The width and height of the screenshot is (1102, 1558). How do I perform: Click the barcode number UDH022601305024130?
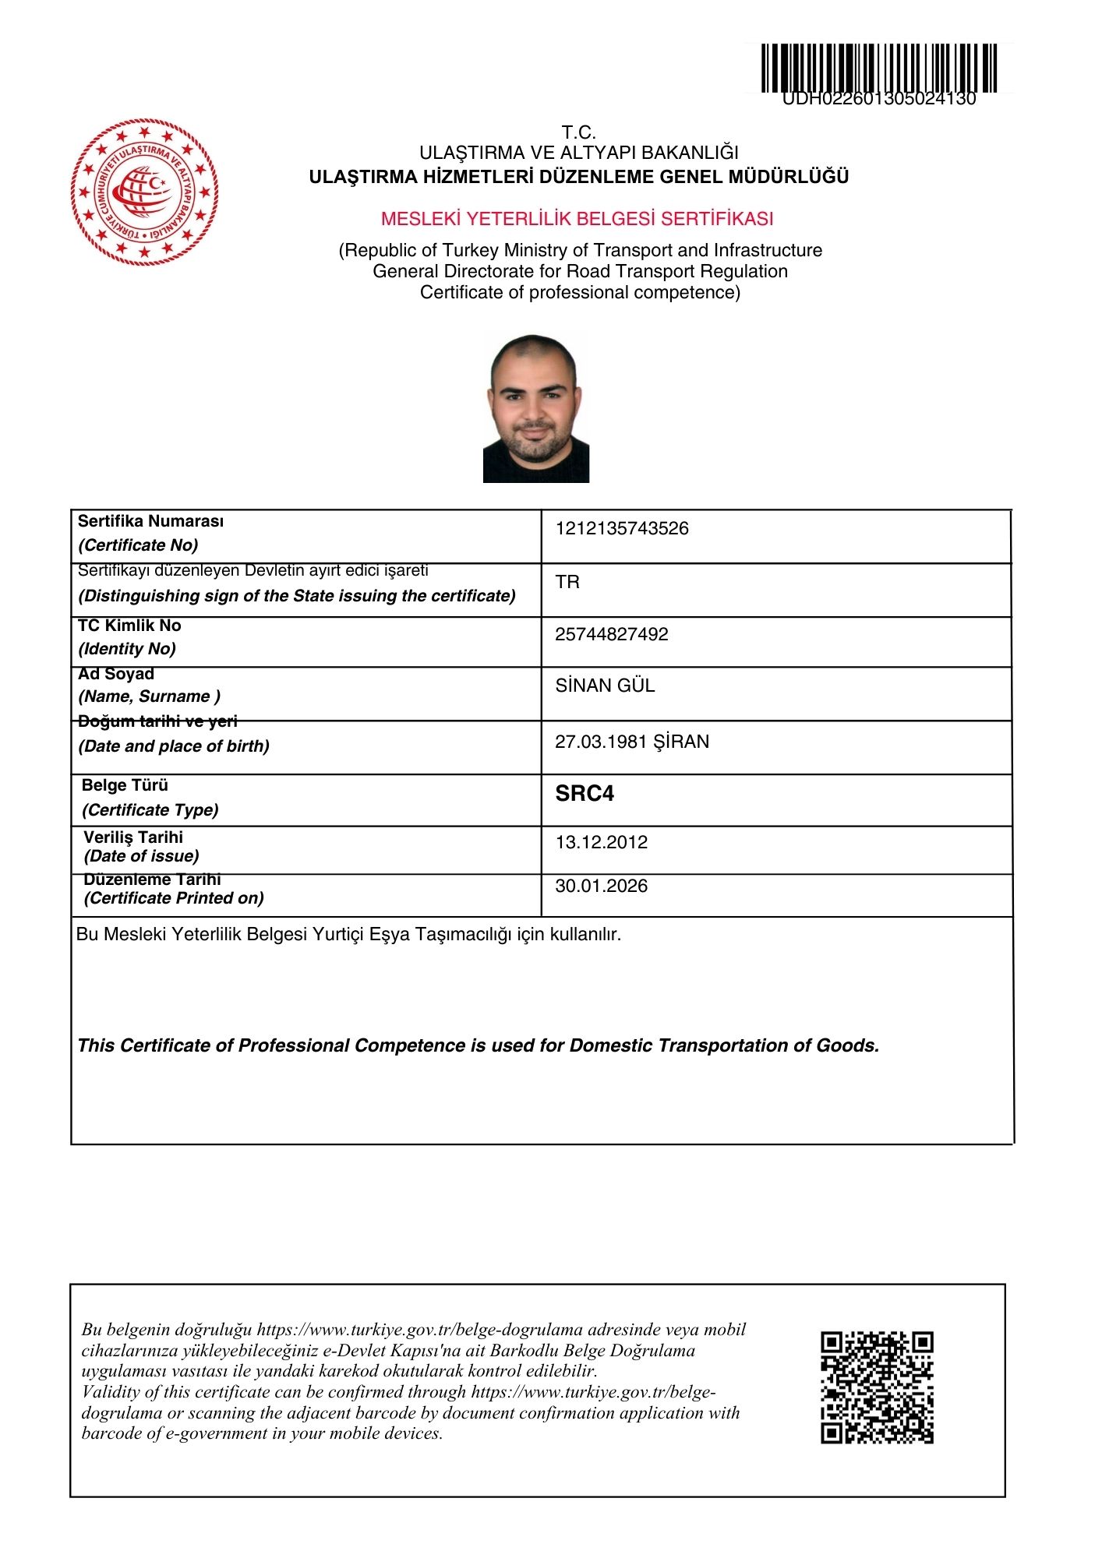pos(878,99)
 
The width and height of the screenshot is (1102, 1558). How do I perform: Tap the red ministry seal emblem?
pos(144,192)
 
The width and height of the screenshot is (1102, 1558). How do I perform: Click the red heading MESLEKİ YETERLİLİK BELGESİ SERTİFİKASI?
pos(577,219)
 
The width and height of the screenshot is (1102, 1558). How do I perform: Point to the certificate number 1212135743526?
pos(621,529)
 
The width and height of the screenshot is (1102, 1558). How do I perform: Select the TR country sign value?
pos(567,583)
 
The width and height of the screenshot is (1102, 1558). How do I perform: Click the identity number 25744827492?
pos(611,635)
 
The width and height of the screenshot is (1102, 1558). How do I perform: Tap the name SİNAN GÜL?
pos(605,686)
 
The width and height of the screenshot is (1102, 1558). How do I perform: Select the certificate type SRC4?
pos(584,794)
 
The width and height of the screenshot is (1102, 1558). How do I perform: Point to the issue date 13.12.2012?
pos(601,843)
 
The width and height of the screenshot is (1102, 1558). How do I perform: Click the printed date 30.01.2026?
pos(601,887)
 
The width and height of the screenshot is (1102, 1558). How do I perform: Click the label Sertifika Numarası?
pos(150,521)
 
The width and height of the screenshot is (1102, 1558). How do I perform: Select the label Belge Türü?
pos(125,785)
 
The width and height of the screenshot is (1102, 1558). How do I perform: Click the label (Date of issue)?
pos(141,857)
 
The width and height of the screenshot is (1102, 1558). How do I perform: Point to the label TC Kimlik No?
pos(129,626)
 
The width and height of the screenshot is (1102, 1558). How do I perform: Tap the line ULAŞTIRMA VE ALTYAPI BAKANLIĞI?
pos(578,153)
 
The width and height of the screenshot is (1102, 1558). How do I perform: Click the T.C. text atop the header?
pos(578,132)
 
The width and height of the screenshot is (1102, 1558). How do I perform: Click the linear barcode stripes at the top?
pos(878,68)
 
